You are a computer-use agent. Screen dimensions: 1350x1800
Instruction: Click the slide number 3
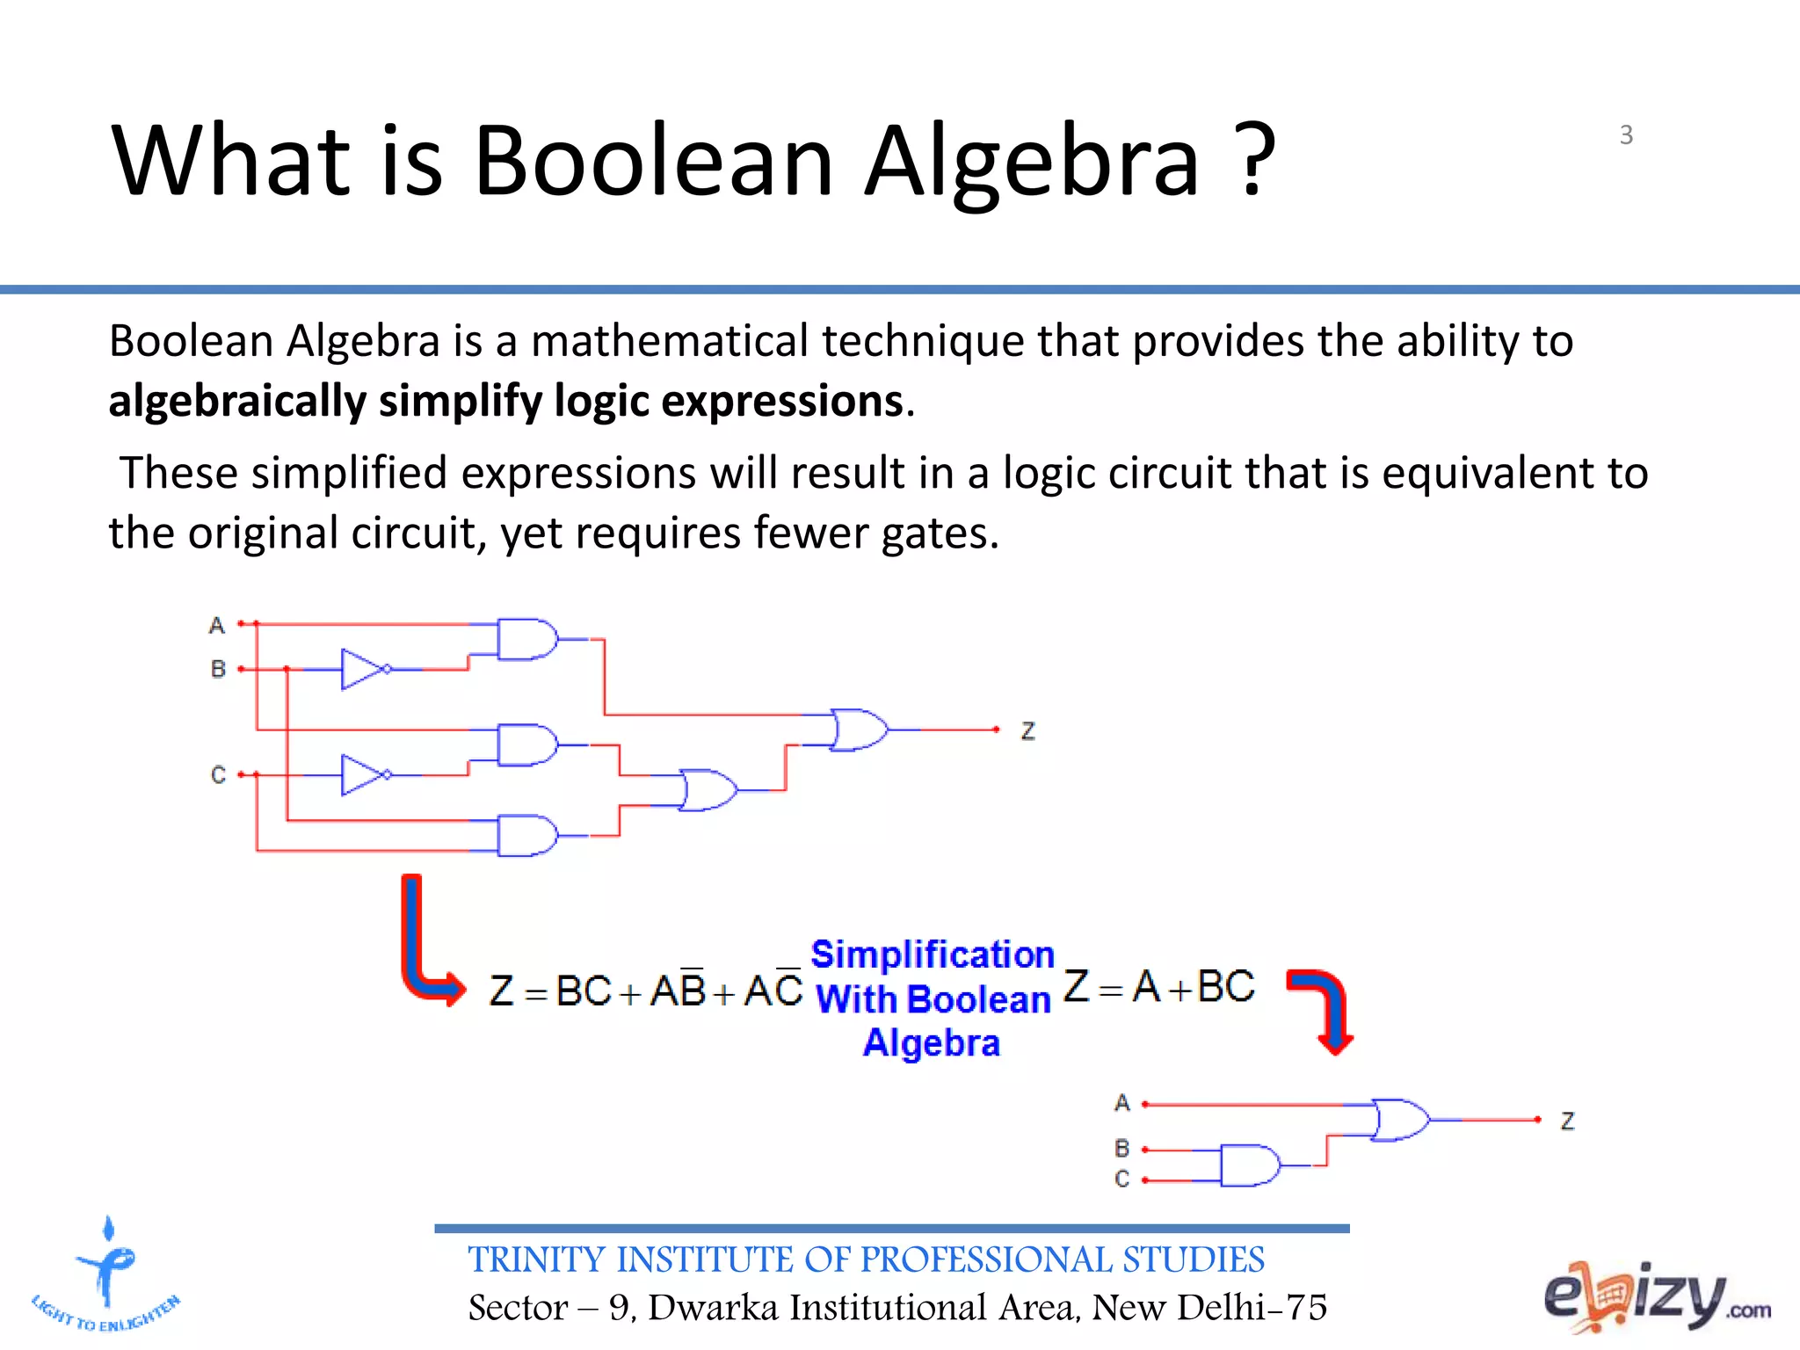[1626, 135]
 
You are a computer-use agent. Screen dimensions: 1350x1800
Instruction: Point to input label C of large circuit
[218, 775]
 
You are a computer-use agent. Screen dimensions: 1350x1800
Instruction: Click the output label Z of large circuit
[1027, 731]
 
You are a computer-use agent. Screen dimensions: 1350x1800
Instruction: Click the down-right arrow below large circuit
[429, 945]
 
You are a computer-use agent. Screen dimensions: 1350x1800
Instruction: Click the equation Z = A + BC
[1159, 987]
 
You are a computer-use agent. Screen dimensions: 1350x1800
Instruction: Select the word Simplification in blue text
[932, 954]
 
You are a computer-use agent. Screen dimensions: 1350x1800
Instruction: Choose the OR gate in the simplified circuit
[1399, 1120]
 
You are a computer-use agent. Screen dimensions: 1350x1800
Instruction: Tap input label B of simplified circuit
[1121, 1149]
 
